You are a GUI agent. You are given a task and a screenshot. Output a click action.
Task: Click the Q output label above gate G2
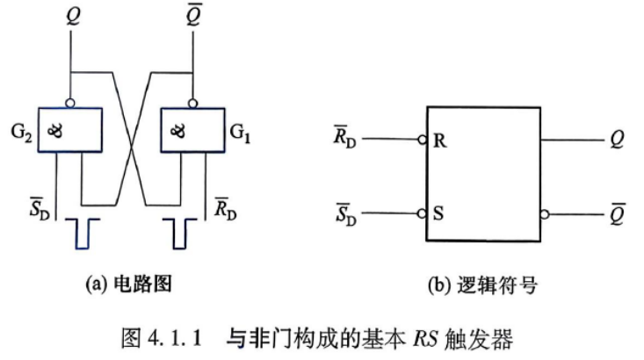(x=74, y=17)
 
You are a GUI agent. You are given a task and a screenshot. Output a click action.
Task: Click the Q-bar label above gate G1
(x=194, y=15)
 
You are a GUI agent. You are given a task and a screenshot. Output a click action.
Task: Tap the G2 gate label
(x=21, y=133)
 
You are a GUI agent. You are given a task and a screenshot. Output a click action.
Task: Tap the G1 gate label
(x=240, y=133)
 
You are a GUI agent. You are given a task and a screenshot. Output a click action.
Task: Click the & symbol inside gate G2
(x=55, y=131)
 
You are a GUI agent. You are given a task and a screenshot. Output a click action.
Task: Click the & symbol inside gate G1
(x=177, y=131)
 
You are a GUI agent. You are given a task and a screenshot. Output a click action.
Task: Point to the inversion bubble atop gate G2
(x=70, y=103)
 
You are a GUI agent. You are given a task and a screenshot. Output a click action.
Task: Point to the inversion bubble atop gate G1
(x=192, y=103)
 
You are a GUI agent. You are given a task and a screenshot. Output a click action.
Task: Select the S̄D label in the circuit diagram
(x=40, y=208)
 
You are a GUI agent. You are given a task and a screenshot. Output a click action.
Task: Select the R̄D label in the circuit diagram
(x=226, y=208)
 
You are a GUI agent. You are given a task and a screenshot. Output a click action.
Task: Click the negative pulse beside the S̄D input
(x=82, y=234)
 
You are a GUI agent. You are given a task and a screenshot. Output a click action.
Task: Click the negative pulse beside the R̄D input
(x=179, y=234)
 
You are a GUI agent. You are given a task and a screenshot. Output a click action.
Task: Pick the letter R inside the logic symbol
(x=439, y=140)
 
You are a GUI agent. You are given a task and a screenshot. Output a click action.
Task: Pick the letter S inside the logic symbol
(x=438, y=213)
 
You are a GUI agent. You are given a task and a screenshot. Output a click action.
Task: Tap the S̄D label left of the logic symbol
(x=346, y=214)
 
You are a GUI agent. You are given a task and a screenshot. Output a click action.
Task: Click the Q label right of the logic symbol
(x=617, y=140)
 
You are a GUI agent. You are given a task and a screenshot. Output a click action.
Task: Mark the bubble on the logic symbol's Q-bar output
(x=545, y=214)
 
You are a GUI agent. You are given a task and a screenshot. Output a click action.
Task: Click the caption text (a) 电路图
(x=128, y=284)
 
